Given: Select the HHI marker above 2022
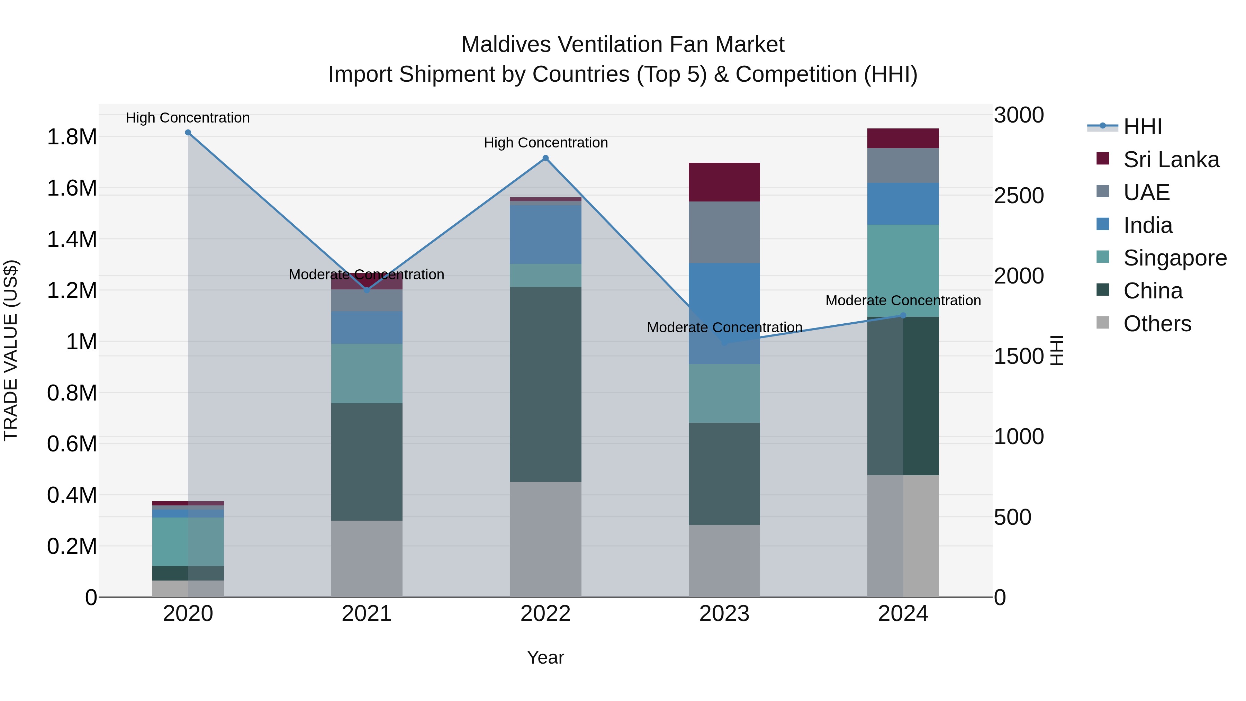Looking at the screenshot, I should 545,158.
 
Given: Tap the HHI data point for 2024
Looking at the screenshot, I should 903,315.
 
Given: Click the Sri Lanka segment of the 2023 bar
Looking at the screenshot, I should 724,182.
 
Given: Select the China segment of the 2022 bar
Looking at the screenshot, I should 545,384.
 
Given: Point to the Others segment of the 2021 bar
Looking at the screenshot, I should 366,558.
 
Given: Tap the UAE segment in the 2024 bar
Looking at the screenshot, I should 903,165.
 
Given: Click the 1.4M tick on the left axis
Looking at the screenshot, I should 72,240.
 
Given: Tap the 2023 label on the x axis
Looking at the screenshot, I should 724,614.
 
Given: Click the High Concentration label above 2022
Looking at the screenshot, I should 545,143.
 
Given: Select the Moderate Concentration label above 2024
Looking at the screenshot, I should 903,300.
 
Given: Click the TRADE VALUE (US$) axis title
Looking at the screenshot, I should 11,350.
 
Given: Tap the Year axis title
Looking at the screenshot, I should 545,657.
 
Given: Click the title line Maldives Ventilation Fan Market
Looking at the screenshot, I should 623,45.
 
